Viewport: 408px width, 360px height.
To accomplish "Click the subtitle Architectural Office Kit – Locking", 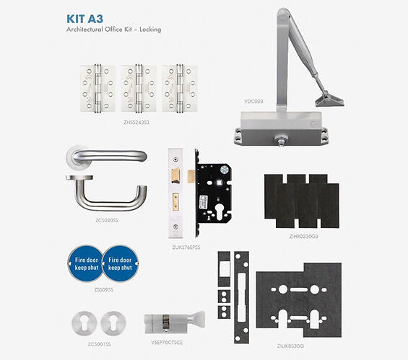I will point(113,30).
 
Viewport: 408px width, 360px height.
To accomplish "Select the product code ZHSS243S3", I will point(136,123).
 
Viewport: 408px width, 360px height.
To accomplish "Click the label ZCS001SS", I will point(99,345).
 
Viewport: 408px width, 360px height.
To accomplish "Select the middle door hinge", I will point(136,91).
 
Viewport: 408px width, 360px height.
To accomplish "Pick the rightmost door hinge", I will point(178,91).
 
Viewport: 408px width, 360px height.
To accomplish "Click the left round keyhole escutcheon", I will point(85,322).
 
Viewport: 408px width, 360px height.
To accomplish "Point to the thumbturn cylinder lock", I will point(174,322).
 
